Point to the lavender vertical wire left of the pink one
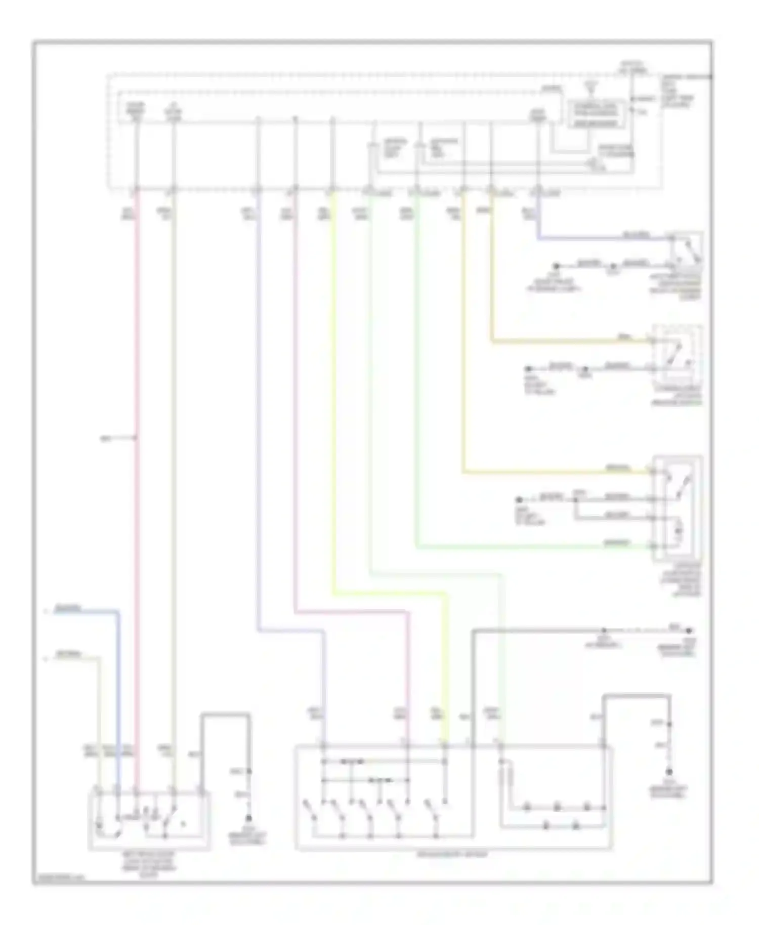(258, 405)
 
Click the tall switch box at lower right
(677, 509)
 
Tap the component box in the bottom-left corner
(149, 820)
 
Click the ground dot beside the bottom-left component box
(248, 818)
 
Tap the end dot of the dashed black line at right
(688, 631)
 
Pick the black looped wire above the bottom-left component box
(225, 714)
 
